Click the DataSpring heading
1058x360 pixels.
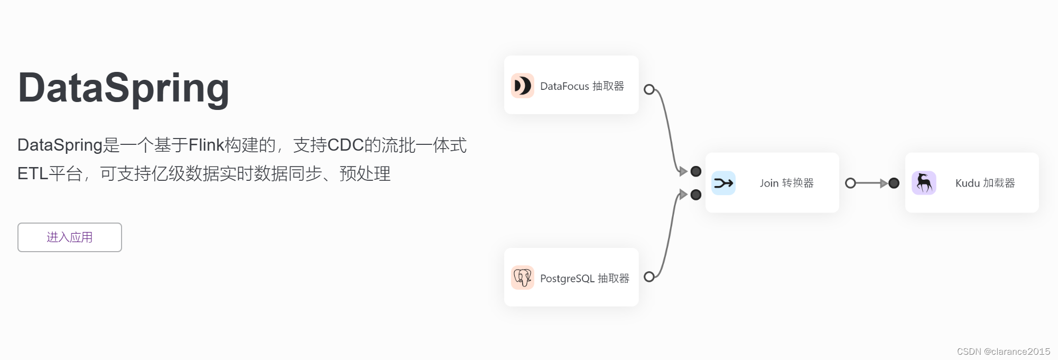(x=124, y=88)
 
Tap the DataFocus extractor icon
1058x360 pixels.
(x=522, y=86)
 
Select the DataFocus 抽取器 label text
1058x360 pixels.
(x=582, y=86)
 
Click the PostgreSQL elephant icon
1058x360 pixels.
(x=522, y=278)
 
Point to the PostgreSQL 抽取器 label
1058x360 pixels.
(x=584, y=279)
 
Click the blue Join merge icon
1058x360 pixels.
(x=723, y=183)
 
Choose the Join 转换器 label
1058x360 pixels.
(x=786, y=183)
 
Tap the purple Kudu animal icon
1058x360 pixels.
(x=924, y=183)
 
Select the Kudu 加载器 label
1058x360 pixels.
(x=985, y=183)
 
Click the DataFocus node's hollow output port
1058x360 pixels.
(x=649, y=89)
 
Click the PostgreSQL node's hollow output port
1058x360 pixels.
(x=649, y=276)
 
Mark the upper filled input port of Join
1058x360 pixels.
(x=696, y=171)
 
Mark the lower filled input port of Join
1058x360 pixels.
(x=696, y=195)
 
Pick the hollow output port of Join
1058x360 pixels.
(x=850, y=183)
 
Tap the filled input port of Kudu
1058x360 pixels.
(x=894, y=183)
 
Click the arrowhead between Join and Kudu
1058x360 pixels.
(x=884, y=183)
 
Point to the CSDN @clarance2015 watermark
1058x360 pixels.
(x=1003, y=352)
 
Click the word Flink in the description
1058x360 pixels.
(x=206, y=145)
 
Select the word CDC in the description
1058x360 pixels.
(x=346, y=145)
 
